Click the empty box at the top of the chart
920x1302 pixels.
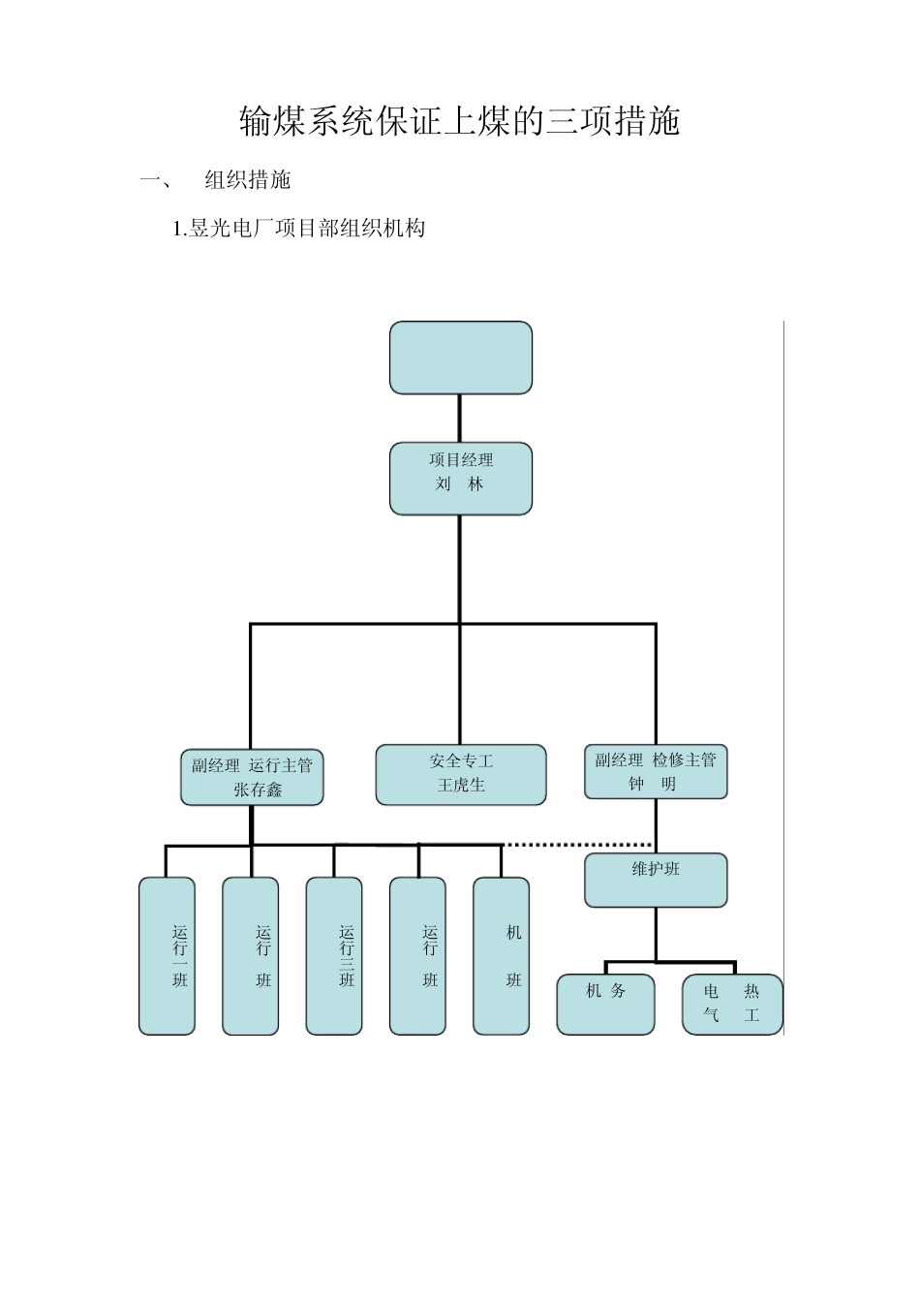tap(461, 358)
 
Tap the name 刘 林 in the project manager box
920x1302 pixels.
tap(459, 484)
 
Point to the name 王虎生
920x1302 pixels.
tap(461, 786)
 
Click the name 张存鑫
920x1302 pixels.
tap(258, 790)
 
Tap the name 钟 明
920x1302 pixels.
tap(652, 785)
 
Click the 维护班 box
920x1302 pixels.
tap(656, 880)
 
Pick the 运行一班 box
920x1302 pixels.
tap(168, 956)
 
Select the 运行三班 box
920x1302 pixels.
tap(334, 956)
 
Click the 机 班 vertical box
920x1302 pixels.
tap(502, 956)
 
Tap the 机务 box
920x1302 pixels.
tap(606, 1005)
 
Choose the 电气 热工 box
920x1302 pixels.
tap(732, 1005)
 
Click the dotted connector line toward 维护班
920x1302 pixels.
tap(577, 845)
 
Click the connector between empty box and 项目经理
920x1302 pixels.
tap(460, 418)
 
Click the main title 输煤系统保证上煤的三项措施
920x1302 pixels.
tap(460, 121)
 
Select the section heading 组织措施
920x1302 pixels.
tap(248, 180)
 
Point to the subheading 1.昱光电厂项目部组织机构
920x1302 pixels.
tap(299, 229)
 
